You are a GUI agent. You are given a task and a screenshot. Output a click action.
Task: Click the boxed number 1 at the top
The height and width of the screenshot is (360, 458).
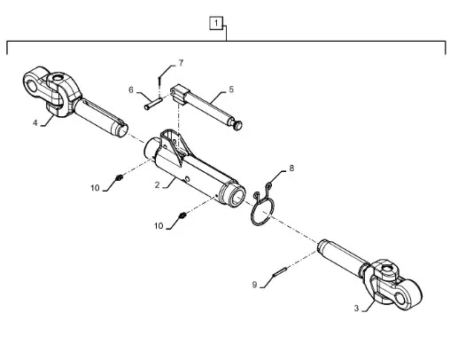tap(216, 23)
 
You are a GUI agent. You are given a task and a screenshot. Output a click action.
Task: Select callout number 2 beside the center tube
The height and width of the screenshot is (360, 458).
tap(157, 185)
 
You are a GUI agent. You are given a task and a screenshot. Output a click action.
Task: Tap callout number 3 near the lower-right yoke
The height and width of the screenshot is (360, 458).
tap(356, 309)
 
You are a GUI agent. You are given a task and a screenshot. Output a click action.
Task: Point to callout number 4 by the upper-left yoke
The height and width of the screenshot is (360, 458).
tap(35, 123)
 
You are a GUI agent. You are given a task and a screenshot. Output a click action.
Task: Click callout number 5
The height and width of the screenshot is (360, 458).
tap(231, 90)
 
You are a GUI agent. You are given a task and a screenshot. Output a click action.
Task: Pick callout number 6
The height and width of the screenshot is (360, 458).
tap(131, 90)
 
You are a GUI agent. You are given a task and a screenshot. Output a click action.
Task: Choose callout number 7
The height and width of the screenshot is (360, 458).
tap(181, 63)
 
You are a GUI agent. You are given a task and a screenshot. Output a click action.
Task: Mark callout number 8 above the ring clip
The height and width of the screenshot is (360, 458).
tap(291, 168)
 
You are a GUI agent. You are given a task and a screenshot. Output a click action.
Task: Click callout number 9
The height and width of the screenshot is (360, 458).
tap(254, 285)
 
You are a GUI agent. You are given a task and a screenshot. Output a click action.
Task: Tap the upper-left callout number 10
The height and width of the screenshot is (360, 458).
tap(95, 188)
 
